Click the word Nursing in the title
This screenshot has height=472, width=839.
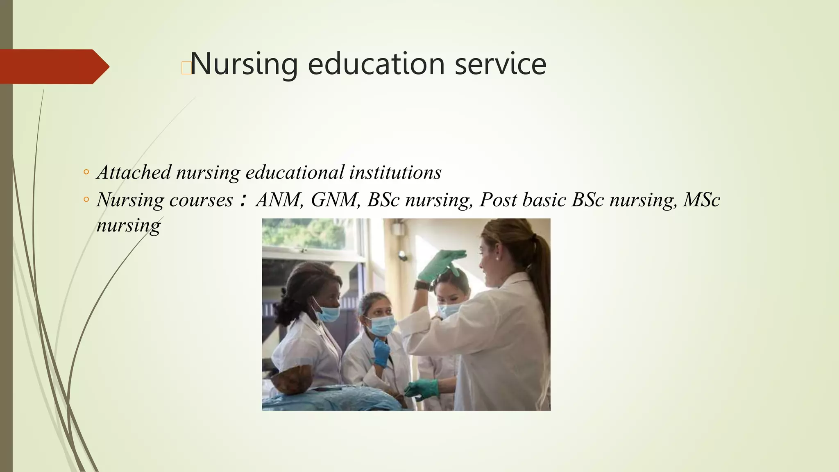(244, 65)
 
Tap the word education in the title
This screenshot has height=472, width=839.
(376, 65)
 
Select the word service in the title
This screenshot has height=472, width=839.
(500, 65)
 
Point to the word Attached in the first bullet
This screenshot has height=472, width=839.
(134, 172)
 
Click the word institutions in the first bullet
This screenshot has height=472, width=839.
(395, 172)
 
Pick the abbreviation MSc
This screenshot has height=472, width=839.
(701, 200)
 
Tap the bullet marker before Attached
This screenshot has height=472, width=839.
(86, 172)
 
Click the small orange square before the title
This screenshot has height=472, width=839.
(186, 68)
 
